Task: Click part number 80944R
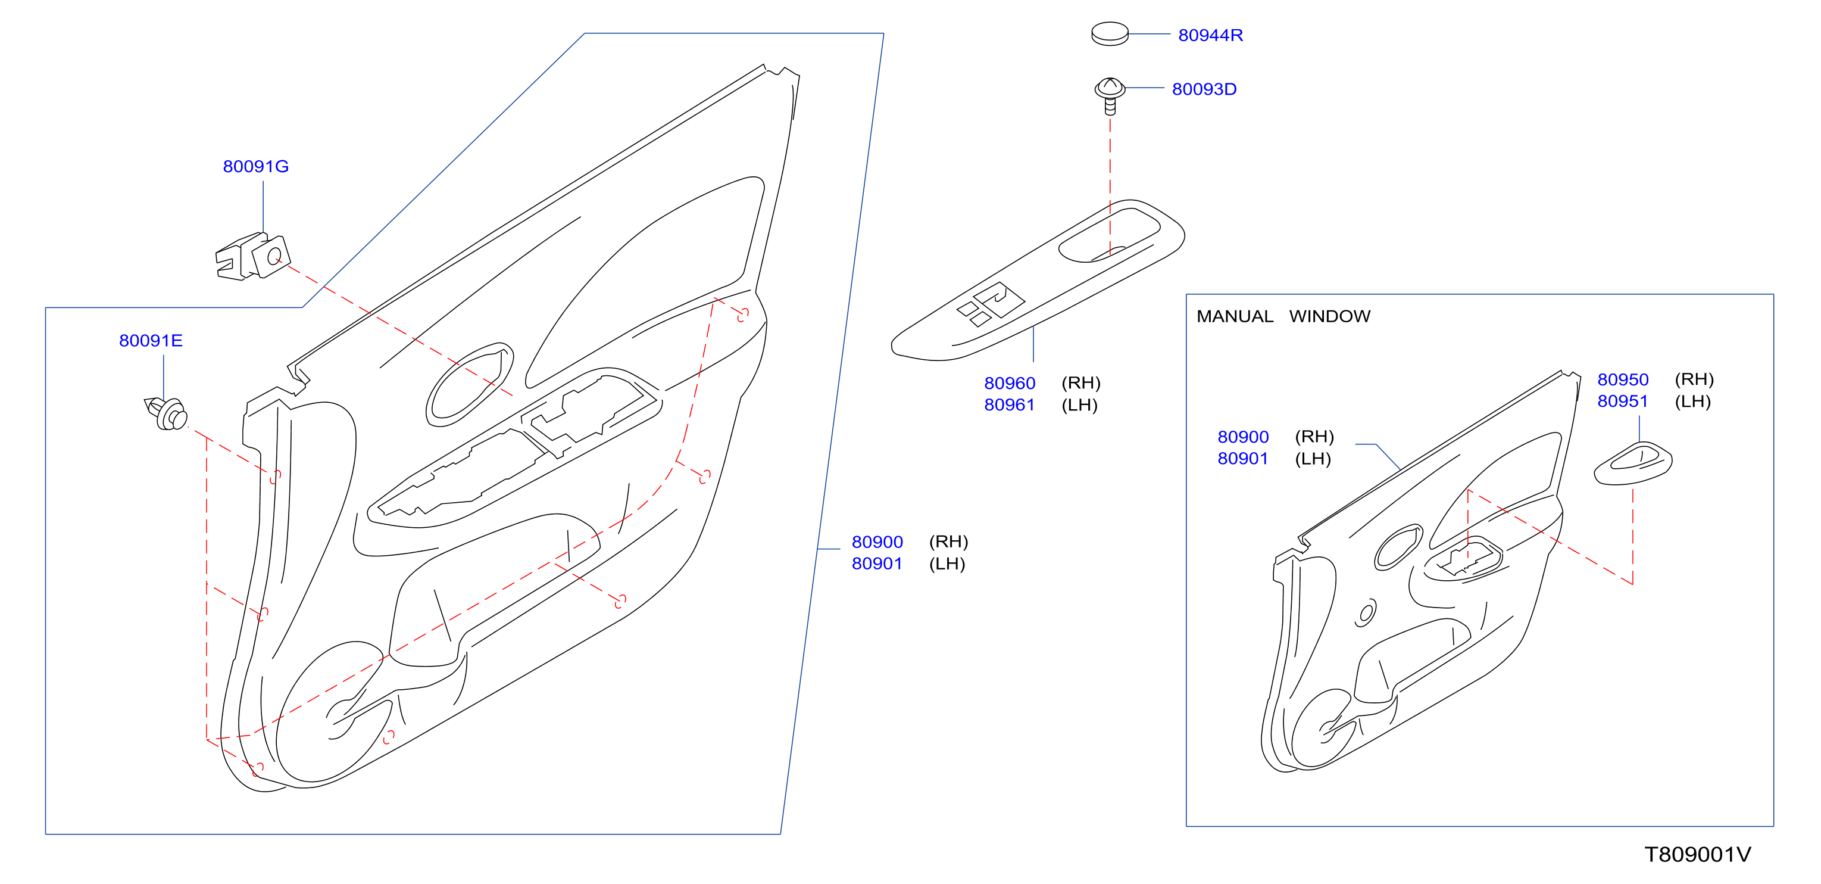pyautogui.click(x=1210, y=35)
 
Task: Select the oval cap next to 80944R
pyautogui.click(x=1109, y=34)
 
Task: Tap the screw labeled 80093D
pyautogui.click(x=1109, y=95)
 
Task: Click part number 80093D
pyautogui.click(x=1204, y=89)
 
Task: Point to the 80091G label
pyautogui.click(x=256, y=166)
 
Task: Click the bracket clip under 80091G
pyautogui.click(x=252, y=257)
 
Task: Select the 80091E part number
pyautogui.click(x=151, y=340)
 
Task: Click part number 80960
pyautogui.click(x=1010, y=382)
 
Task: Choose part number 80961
pyautogui.click(x=1010, y=404)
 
